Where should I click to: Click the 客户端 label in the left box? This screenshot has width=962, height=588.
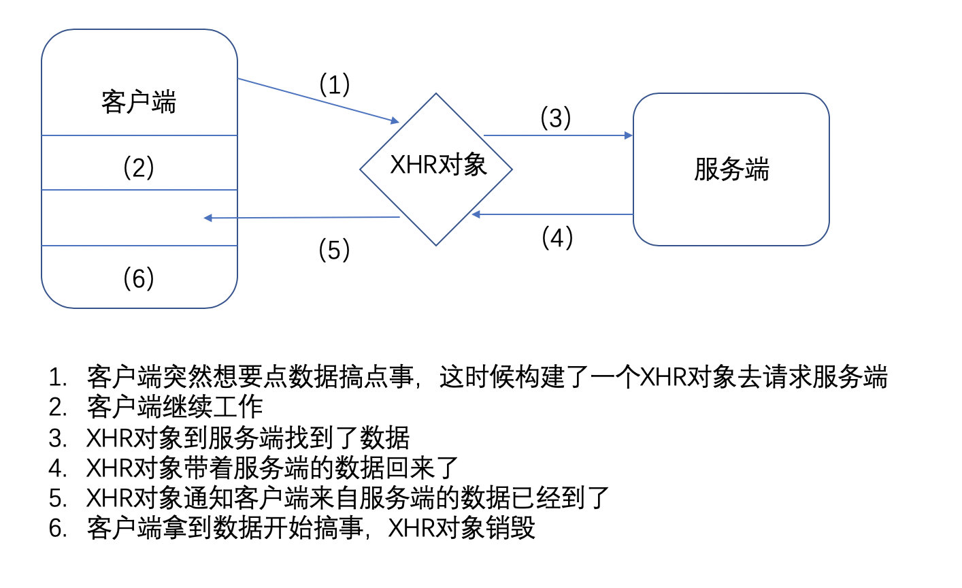[x=139, y=102]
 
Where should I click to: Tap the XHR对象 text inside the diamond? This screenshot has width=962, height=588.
[x=438, y=165]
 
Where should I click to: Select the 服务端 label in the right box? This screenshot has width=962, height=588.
[x=731, y=169]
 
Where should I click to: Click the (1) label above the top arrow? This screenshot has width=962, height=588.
[x=335, y=85]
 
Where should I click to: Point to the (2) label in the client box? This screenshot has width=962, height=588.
[x=139, y=167]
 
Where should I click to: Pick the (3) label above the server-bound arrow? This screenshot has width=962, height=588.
[x=555, y=118]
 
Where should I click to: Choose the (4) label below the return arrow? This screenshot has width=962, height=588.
[x=557, y=238]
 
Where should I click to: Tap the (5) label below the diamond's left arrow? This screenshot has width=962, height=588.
[x=334, y=250]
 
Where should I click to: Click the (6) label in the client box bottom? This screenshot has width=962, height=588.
[x=139, y=278]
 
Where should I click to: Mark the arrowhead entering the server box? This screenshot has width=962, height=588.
[x=629, y=135]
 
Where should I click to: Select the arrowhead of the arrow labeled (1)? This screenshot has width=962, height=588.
[x=395, y=121]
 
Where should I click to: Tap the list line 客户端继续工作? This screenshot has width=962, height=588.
[x=175, y=407]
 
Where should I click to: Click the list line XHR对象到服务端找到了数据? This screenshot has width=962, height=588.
[x=248, y=438]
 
